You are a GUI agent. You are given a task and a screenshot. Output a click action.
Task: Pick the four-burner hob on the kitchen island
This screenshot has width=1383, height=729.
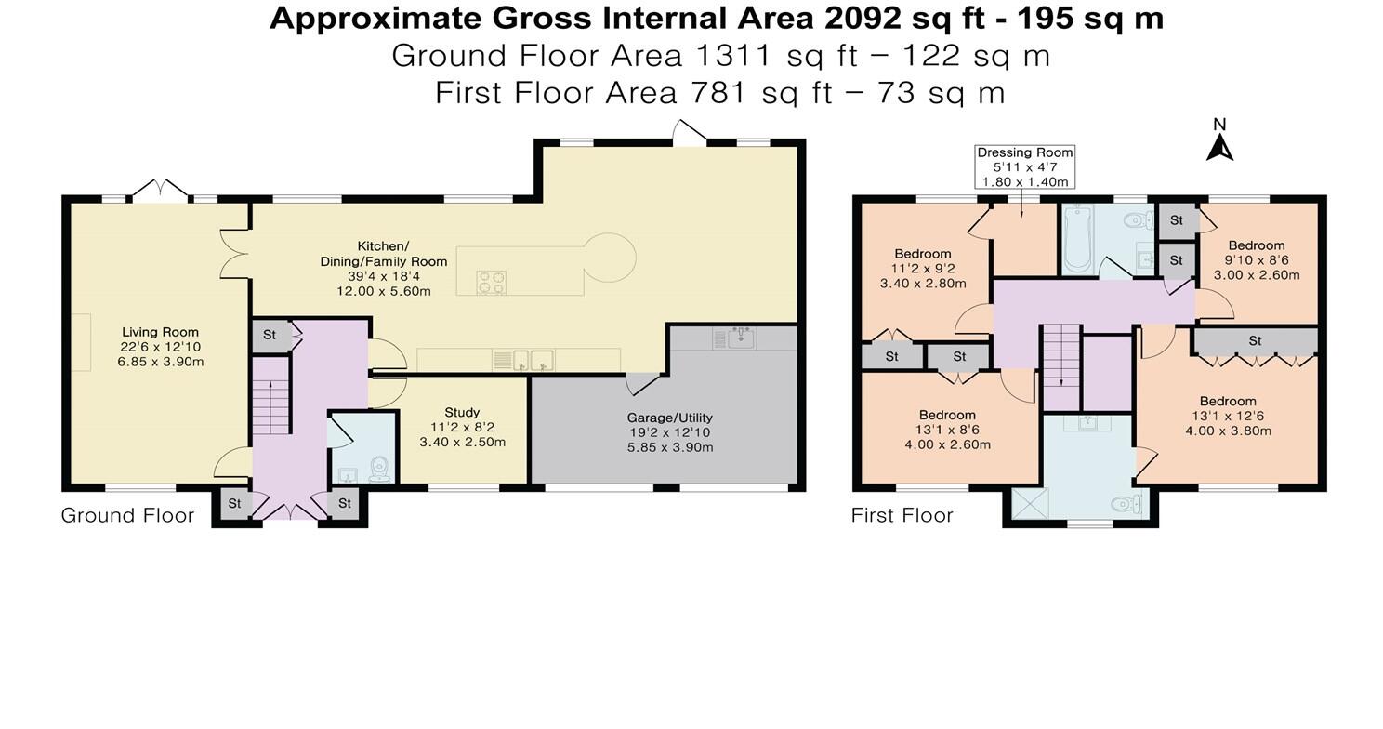tap(491, 282)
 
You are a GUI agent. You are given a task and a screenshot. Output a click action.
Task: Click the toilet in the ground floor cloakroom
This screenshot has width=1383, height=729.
tap(379, 468)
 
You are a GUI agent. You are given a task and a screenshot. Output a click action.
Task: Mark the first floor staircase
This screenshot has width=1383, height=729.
tap(1060, 353)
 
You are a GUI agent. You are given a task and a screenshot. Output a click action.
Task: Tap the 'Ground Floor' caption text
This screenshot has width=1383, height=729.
tap(127, 515)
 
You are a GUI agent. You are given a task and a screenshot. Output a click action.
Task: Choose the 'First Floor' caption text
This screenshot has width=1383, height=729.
tap(902, 515)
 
